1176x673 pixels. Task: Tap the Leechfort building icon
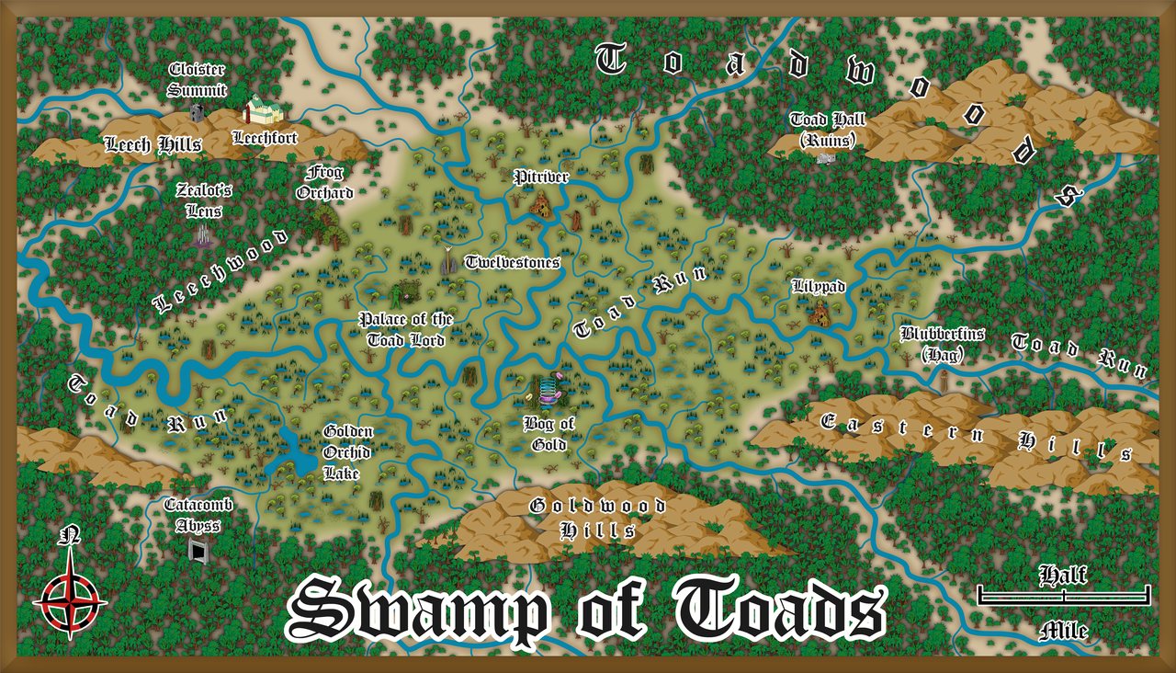261,110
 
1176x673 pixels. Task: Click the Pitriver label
541,177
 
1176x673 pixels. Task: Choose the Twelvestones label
512,262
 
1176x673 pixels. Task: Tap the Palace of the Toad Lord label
406,329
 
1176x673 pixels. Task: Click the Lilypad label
818,287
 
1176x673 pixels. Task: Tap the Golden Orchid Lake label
347,452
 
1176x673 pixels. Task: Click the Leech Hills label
153,143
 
